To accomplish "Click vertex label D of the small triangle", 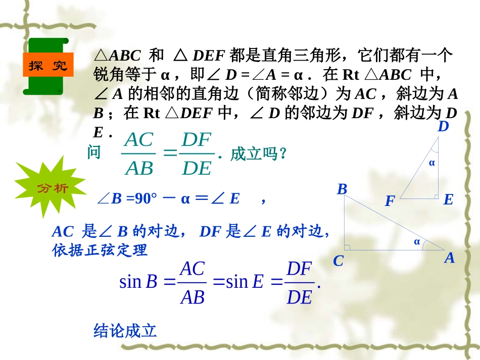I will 443,127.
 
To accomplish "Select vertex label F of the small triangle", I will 389,202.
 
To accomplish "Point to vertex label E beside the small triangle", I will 448,200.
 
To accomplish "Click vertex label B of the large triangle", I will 342,189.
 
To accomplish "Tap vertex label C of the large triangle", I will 338,261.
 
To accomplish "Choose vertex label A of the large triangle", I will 449,259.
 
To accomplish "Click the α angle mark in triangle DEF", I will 431,163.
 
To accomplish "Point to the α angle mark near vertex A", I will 417,241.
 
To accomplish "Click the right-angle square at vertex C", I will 348,247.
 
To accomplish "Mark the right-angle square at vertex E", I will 436,196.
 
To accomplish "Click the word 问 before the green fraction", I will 94,152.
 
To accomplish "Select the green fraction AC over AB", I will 139,154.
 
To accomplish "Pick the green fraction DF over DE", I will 196,154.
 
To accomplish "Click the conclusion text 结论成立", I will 125,331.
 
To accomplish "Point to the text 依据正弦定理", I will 100,250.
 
